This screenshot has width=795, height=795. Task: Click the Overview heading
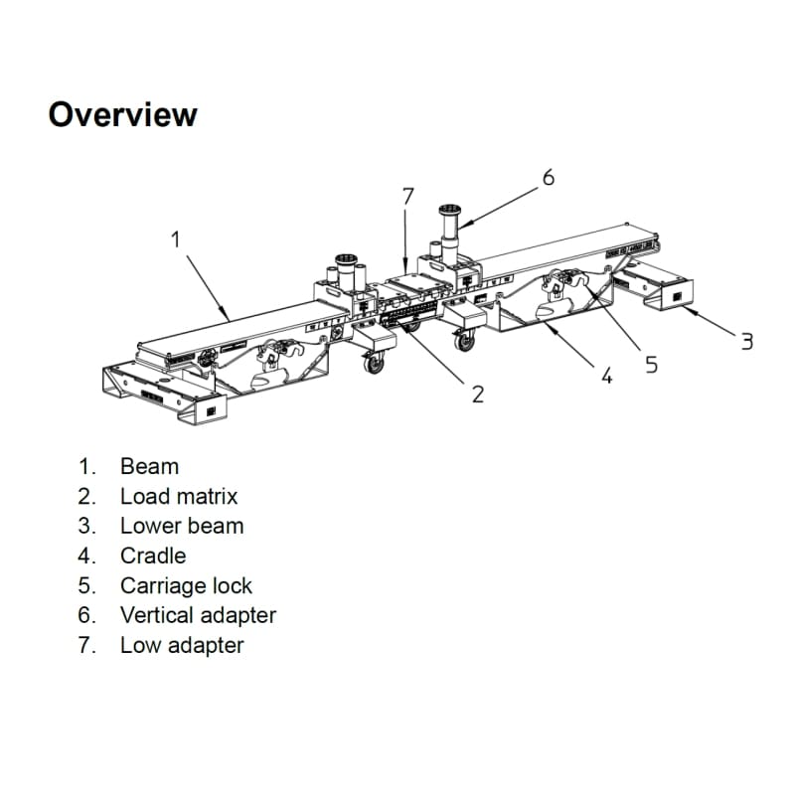pos(122,114)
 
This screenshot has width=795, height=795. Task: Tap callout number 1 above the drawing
pos(176,239)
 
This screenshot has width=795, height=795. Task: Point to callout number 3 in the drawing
pos(746,342)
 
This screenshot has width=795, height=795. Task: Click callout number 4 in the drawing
pos(607,376)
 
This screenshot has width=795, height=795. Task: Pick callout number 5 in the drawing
pos(651,365)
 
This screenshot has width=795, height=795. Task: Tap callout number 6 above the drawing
pos(548,178)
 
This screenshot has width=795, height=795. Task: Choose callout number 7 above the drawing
pos(407,196)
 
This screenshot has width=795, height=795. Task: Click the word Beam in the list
pos(149,466)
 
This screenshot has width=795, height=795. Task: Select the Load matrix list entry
pos(179,496)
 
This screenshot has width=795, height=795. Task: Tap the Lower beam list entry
pos(182,526)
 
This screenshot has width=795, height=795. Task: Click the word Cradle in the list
pos(153,556)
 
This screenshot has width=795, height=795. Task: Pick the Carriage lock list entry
pos(186,585)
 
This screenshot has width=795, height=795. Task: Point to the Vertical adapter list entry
pos(198,615)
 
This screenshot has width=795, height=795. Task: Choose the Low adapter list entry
pos(182,645)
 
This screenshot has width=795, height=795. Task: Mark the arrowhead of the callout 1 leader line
pos(230,317)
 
